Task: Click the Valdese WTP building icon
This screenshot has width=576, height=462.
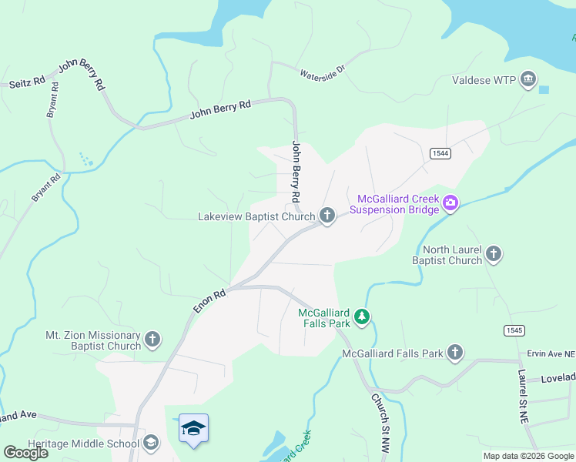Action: tap(528, 79)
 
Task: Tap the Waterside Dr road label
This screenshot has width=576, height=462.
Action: tap(323, 74)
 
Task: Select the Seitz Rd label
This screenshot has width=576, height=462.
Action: tap(24, 82)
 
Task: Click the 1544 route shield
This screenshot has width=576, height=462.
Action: tap(440, 153)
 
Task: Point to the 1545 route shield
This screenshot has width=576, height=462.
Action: tap(515, 330)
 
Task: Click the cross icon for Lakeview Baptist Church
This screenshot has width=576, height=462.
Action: tap(327, 216)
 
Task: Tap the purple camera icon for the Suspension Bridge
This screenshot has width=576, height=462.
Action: tap(450, 204)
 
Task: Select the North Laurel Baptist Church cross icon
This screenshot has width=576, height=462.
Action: tap(494, 254)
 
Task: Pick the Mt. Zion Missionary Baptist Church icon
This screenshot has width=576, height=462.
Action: tap(152, 340)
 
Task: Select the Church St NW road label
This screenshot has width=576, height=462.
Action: tap(380, 423)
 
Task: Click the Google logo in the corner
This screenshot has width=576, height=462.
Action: tap(25, 452)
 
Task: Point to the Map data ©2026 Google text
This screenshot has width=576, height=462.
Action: tap(529, 456)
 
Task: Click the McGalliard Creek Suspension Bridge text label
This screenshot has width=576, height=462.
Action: tap(393, 204)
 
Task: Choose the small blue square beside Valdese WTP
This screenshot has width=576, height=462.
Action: tap(544, 90)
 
